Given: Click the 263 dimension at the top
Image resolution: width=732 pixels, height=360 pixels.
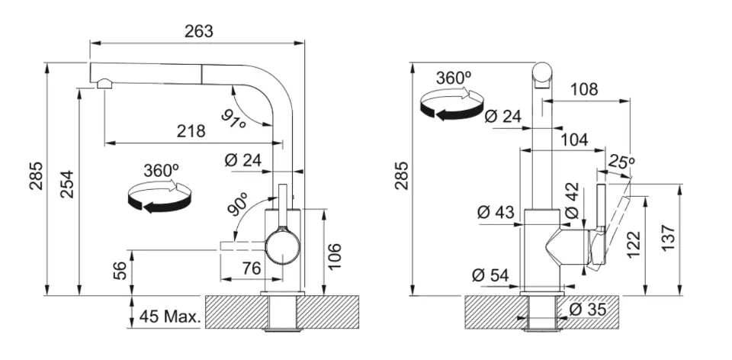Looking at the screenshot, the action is coord(198,31).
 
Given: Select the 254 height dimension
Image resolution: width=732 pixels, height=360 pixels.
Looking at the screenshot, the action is coord(67,185).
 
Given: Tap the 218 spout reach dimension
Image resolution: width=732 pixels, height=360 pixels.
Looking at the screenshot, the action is coord(191,131).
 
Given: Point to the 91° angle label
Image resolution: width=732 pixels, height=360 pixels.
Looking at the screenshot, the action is coord(234,120).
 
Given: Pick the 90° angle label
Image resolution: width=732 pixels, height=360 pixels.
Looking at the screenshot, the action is coord(239,204).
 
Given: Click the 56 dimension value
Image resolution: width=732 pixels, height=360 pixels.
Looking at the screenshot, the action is coord(120,270).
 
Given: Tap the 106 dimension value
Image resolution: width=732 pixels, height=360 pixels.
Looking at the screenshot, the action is coord(334,256).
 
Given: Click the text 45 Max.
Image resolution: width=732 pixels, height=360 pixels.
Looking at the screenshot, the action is coord(170,317).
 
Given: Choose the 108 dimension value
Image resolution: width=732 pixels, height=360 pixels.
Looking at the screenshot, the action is coord(584,89).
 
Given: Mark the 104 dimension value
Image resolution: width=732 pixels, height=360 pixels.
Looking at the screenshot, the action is coord(574,140).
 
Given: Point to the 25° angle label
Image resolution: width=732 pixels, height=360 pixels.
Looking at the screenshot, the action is coord(621,162).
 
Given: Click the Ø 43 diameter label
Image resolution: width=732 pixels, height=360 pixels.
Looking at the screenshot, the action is coord(496,213).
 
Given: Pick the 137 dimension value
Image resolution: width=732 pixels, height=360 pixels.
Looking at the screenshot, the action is coord(668,238).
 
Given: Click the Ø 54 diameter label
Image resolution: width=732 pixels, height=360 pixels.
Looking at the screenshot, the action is coord(490,275).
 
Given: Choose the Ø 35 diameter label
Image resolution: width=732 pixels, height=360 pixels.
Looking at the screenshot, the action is coord(588,309).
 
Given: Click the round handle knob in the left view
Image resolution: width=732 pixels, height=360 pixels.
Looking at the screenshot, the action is coord(282,244).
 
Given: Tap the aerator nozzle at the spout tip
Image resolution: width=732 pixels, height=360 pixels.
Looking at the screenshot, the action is coord(104,84).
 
